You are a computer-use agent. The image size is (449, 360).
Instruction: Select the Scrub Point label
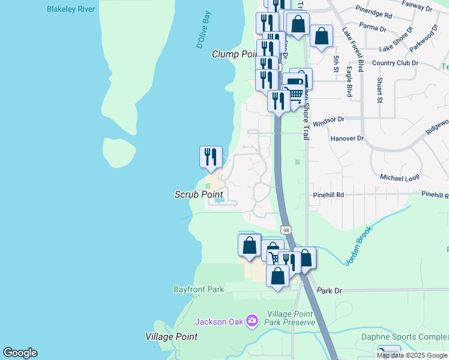click(199, 194)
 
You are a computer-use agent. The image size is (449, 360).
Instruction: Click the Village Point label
click(171, 337)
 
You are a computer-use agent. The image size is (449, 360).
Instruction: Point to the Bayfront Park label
click(199, 289)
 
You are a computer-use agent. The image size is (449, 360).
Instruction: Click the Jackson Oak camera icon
click(252, 322)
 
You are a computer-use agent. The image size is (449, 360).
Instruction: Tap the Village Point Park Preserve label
click(291, 318)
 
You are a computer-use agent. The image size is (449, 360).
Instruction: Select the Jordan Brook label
click(358, 245)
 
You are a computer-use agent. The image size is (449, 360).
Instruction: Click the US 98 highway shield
click(286, 230)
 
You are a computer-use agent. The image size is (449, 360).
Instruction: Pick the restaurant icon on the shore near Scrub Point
click(211, 157)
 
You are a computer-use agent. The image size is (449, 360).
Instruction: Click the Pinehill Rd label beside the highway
click(328, 195)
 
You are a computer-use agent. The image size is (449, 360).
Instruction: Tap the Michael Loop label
click(399, 178)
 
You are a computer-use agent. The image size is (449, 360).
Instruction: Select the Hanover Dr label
click(347, 138)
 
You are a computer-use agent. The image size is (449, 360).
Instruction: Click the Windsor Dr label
click(328, 119)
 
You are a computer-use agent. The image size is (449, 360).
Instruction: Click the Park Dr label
click(329, 290)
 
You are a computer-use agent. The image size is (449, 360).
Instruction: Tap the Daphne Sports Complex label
click(405, 337)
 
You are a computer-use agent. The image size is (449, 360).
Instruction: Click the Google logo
click(20, 353)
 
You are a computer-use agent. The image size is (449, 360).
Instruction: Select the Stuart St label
click(379, 89)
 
